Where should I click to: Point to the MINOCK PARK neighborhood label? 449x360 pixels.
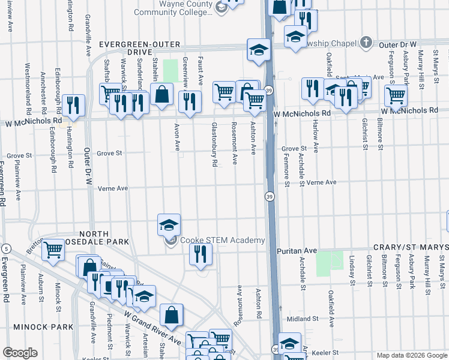click(x=37, y=327)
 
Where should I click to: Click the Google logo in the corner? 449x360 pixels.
click(x=20, y=353)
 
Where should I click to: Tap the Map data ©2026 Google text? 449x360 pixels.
click(x=412, y=355)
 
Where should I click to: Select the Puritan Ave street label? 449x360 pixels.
click(x=296, y=250)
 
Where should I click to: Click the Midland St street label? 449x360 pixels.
click(x=301, y=319)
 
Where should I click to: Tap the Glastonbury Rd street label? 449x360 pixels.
click(x=214, y=145)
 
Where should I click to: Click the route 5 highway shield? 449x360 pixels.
click(x=5, y=248)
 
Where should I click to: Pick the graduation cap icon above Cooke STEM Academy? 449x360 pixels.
click(x=169, y=224)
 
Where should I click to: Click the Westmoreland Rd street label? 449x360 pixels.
click(x=28, y=88)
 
